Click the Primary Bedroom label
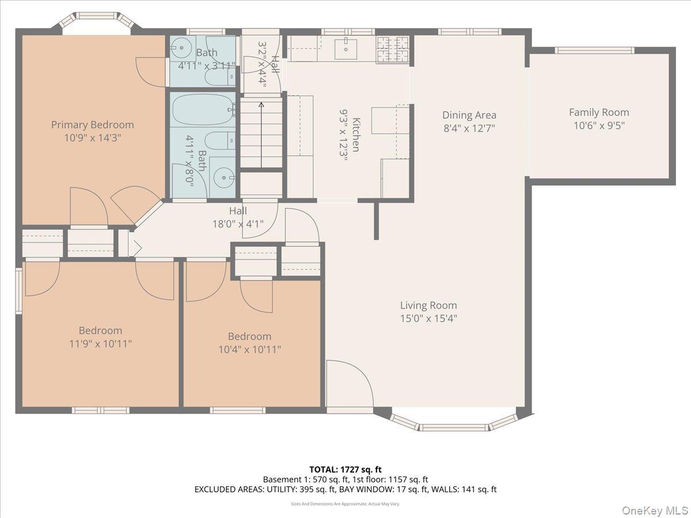click(92, 124)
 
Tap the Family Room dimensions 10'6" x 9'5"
click(599, 125)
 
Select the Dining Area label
click(469, 115)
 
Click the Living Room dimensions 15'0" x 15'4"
click(428, 318)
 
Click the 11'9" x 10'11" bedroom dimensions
click(100, 344)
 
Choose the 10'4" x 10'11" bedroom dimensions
click(249, 349)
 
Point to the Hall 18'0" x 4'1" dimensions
click(238, 224)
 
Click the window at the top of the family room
click(595, 50)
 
